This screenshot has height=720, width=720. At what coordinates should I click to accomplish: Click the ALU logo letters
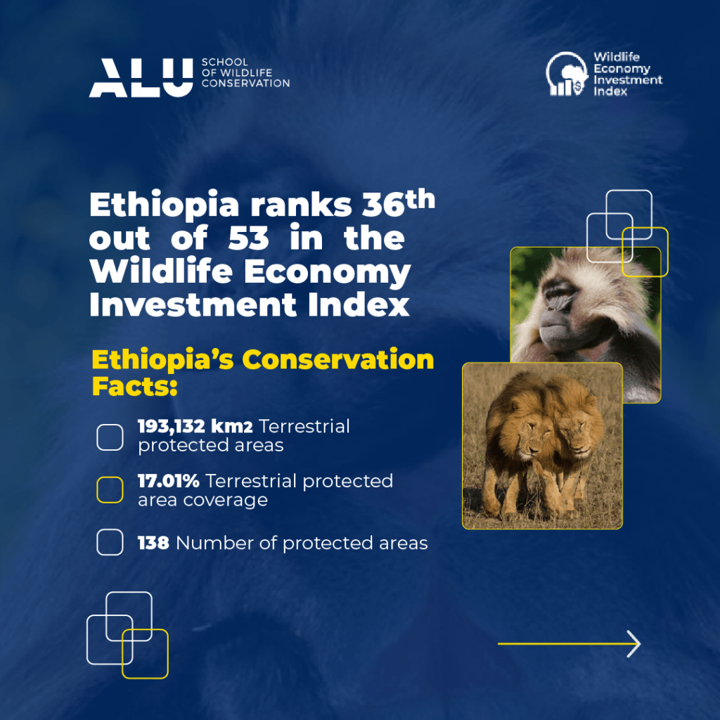141,77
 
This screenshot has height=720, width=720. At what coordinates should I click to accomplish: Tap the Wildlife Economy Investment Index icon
567,73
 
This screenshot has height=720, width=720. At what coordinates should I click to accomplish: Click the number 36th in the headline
398,203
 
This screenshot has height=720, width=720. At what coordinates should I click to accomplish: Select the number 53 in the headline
248,238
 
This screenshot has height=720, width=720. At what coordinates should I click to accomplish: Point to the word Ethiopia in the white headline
164,205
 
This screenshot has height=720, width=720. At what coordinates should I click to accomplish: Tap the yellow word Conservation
337,359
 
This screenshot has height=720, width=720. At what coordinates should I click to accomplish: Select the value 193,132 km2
195,426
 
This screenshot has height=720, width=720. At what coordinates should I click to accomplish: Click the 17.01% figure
169,481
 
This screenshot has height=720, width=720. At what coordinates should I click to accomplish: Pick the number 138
153,543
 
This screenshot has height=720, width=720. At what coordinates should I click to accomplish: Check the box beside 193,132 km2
110,437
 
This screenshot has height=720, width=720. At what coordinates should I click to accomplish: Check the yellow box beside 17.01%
110,490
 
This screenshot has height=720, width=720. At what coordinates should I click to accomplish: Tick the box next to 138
110,542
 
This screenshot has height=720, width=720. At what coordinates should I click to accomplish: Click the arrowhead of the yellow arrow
634,644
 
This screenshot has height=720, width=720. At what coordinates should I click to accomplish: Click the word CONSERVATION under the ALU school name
245,83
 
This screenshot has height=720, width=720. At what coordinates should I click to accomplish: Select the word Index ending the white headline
359,304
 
